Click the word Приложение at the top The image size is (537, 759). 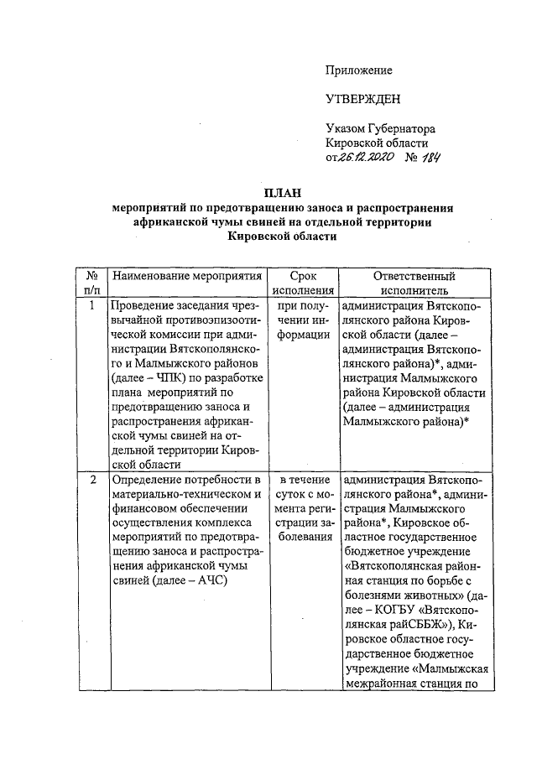click(359, 70)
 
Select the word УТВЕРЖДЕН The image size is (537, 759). click(363, 100)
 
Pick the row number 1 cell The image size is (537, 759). click(91, 305)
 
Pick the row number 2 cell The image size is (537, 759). click(91, 480)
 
